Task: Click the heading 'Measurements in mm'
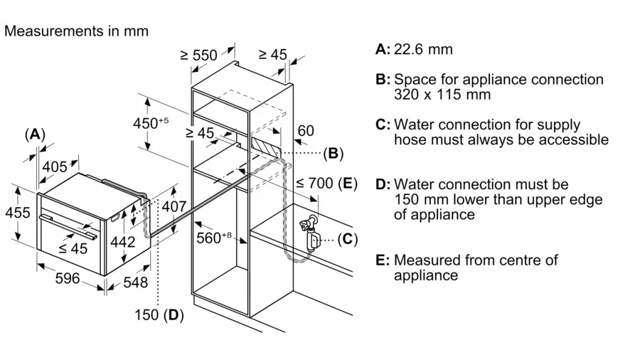tap(76, 31)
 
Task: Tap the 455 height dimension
tap(17, 212)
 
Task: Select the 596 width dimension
tap(68, 278)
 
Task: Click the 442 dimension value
tap(122, 242)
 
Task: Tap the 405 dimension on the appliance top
tap(55, 166)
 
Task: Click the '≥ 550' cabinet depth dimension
tap(200, 55)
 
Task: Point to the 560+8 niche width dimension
tap(211, 238)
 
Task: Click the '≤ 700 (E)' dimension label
tap(325, 184)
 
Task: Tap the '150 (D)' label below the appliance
tap(161, 314)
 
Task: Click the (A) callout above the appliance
tap(35, 134)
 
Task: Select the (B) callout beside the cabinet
tap(333, 152)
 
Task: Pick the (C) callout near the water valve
tap(346, 238)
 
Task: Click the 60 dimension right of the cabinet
tap(305, 130)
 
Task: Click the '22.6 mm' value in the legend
tap(423, 49)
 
